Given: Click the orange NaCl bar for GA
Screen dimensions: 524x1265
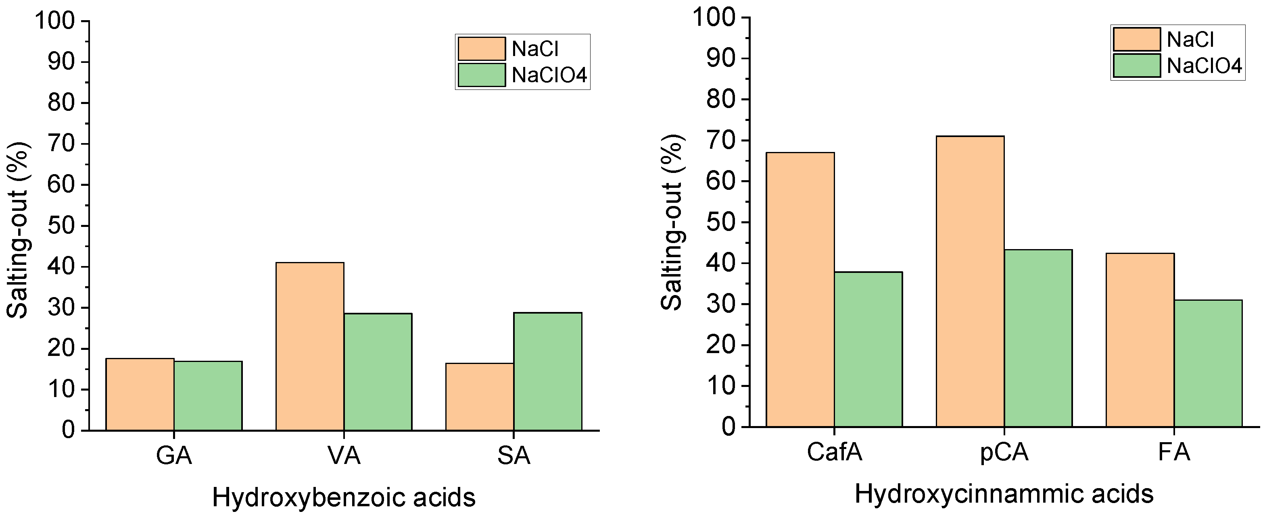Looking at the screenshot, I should (140, 395).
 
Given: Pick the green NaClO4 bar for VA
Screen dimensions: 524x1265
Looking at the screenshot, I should (378, 372).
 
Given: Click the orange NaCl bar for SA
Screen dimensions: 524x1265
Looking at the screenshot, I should (480, 397).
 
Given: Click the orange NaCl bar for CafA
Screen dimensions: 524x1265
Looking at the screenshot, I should (800, 289).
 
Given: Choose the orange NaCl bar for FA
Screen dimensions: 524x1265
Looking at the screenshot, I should (1140, 340).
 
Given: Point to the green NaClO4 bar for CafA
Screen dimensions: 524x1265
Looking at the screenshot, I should (868, 349).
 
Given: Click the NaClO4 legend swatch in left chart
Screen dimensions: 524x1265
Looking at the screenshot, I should (481, 75).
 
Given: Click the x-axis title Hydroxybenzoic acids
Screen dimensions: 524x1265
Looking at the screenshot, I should (344, 497).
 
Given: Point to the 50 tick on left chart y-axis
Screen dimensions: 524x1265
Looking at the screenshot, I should (61, 226).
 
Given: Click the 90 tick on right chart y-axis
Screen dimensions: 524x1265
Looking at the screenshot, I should (720, 59).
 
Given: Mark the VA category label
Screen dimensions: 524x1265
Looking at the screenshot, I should (344, 456).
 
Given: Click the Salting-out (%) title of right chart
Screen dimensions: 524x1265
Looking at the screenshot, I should (671, 222).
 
